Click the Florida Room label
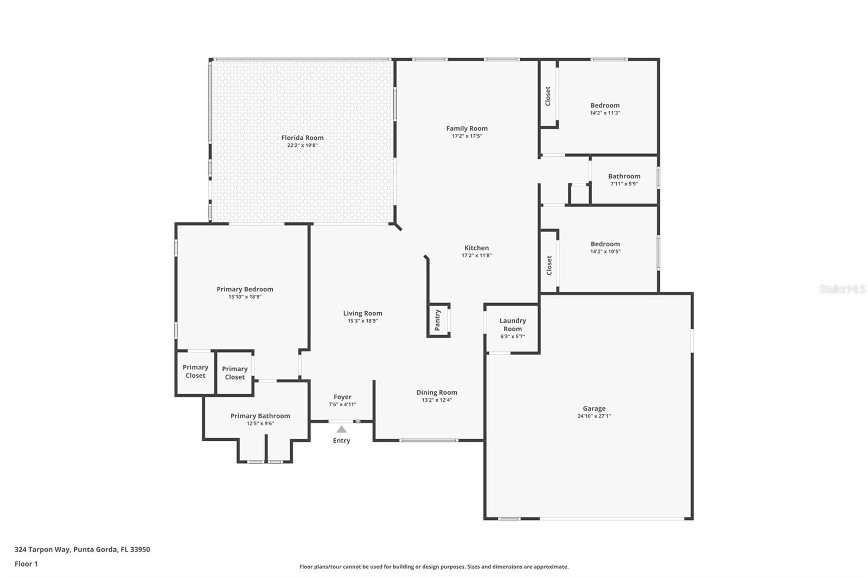[x=302, y=138]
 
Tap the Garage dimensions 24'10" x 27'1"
[x=594, y=416]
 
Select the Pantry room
[x=438, y=320]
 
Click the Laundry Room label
[x=512, y=325]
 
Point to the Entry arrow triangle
[x=341, y=429]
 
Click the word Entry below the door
[x=341, y=441]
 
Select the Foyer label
[x=342, y=397]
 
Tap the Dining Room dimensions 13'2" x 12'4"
[x=437, y=400]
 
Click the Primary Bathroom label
[x=260, y=416]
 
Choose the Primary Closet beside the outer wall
[x=195, y=371]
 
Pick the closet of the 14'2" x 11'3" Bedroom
[x=548, y=96]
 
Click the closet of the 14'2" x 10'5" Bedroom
[x=549, y=265]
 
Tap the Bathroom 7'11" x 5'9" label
[x=624, y=176]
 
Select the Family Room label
[x=467, y=129]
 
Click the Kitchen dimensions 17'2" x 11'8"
[x=476, y=255]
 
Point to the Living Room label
[x=362, y=313]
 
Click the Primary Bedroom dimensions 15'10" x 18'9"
[x=245, y=297]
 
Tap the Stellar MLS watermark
[x=842, y=289]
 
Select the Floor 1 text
[x=26, y=564]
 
